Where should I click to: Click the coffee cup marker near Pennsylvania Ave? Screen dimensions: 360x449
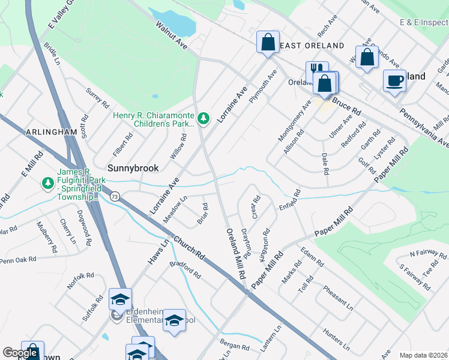coord(394,80)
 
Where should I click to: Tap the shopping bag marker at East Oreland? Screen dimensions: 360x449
coord(268,43)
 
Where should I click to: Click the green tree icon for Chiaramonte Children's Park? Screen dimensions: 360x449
coord(204,119)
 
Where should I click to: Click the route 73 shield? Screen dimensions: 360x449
coord(115,196)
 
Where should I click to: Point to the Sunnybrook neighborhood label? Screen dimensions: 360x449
coord(133,168)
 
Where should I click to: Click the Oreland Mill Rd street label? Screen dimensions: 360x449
coord(237,253)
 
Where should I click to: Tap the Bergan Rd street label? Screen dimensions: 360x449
coord(235,347)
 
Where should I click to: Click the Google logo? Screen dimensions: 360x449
coord(20,353)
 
